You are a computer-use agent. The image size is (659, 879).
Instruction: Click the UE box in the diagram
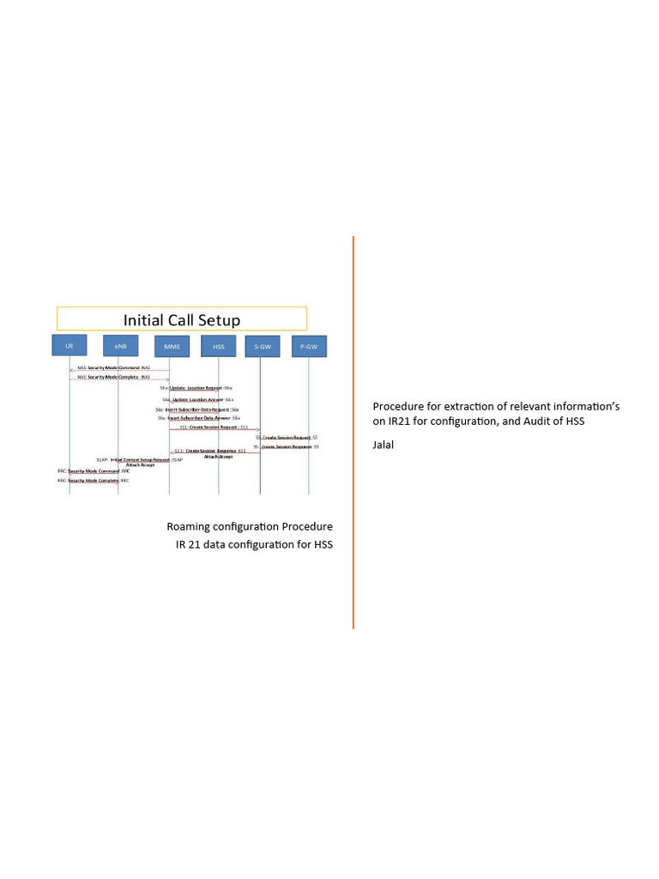pos(70,346)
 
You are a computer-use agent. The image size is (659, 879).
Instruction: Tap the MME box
pos(169,346)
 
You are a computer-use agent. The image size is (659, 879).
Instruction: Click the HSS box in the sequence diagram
pos(218,346)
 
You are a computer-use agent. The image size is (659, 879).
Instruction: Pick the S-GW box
pos(260,346)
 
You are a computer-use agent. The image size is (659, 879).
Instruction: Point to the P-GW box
pos(309,346)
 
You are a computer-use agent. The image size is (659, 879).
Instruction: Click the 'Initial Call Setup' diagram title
pos(182,319)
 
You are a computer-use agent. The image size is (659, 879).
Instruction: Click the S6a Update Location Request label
pos(196,388)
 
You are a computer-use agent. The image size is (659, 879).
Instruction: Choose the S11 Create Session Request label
pos(214,426)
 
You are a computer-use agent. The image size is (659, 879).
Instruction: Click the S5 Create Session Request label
pos(287,437)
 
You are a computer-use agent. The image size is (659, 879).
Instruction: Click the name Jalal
pos(383,445)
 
